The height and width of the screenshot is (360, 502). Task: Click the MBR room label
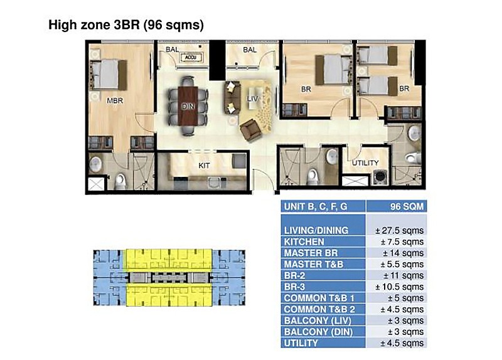115,101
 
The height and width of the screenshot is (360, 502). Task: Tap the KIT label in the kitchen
205,166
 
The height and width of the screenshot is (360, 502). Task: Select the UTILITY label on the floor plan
365,163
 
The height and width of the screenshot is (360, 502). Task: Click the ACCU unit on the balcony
191,58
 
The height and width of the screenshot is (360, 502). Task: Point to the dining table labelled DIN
188,106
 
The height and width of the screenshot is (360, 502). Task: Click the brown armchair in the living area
251,130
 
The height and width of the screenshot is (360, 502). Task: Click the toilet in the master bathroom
120,181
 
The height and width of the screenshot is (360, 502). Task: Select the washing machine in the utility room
380,177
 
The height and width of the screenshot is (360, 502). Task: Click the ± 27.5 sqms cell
399,230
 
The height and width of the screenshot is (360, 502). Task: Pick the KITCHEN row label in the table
304,241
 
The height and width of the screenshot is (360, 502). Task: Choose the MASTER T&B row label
313,264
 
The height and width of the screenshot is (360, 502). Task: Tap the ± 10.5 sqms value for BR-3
399,287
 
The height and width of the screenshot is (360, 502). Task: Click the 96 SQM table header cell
407,206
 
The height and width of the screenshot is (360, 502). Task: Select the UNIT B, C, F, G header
316,207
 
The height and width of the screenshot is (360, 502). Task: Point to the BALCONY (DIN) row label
318,332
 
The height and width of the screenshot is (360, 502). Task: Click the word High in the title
63,25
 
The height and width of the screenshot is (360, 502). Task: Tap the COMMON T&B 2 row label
319,309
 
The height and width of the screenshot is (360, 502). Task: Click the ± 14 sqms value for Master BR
403,253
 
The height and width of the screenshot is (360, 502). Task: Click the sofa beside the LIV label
232,98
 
